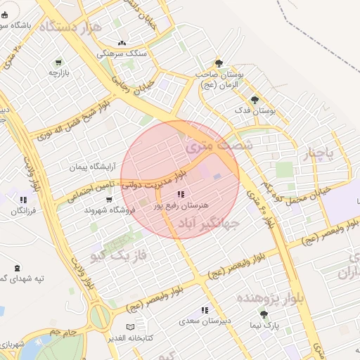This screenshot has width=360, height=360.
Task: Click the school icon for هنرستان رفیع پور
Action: (181, 195)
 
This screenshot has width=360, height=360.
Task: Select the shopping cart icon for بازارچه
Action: (58, 62)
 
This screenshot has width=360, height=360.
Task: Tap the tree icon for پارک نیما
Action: (264, 314)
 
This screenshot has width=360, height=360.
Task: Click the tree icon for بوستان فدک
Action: (254, 99)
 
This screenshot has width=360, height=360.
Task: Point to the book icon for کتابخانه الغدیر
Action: (129, 327)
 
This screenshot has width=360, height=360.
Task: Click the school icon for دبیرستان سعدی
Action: (205, 310)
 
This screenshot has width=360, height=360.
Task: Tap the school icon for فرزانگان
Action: (24, 200)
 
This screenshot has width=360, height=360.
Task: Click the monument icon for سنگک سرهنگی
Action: (122, 43)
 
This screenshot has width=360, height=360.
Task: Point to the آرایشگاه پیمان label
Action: (91, 167)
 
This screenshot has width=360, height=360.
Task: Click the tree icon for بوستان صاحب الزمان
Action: (219, 63)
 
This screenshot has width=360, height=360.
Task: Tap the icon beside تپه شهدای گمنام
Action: (17, 268)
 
